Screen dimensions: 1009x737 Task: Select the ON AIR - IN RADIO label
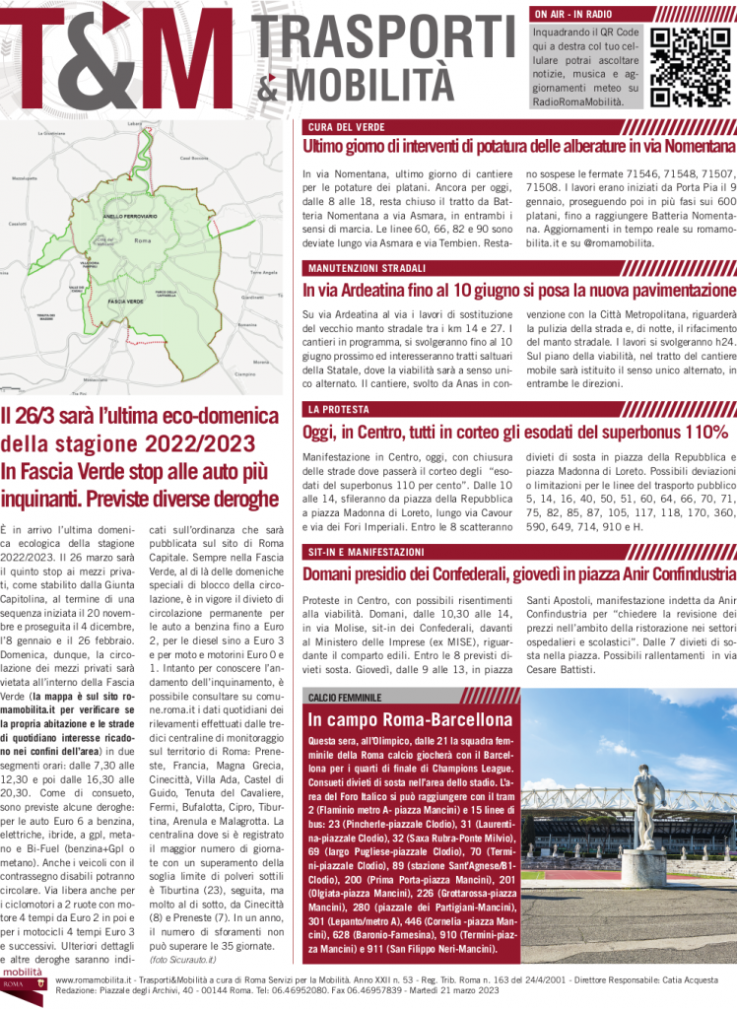pyautogui.click(x=573, y=15)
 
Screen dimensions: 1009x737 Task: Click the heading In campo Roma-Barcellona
pyautogui.click(x=410, y=719)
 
